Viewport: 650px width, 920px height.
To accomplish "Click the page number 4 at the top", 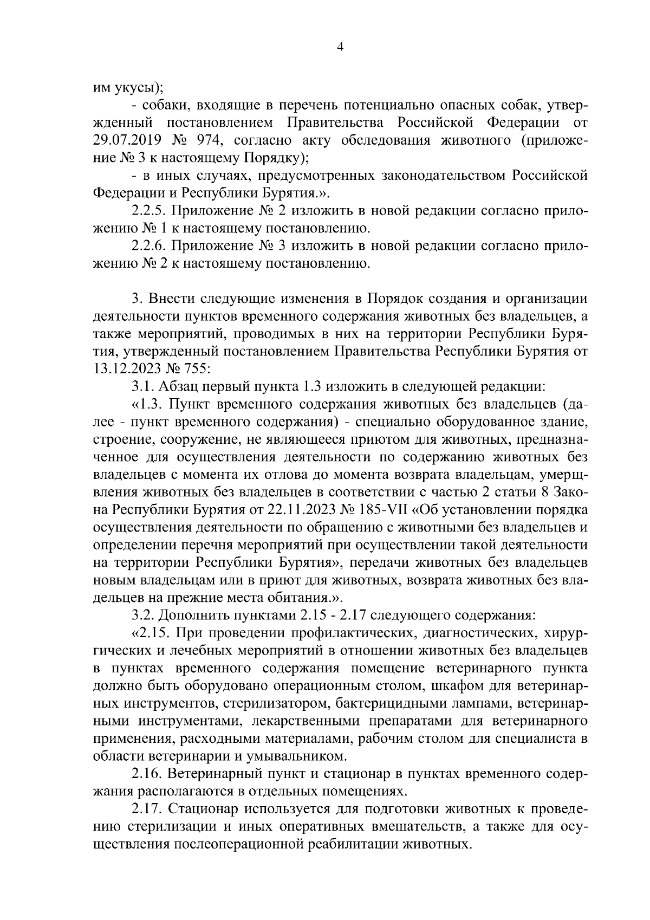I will (340, 47).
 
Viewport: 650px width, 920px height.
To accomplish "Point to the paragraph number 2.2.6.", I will (148, 246).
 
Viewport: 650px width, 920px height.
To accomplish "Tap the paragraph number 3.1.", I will (142, 387).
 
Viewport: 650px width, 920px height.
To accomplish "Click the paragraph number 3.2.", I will (142, 616).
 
